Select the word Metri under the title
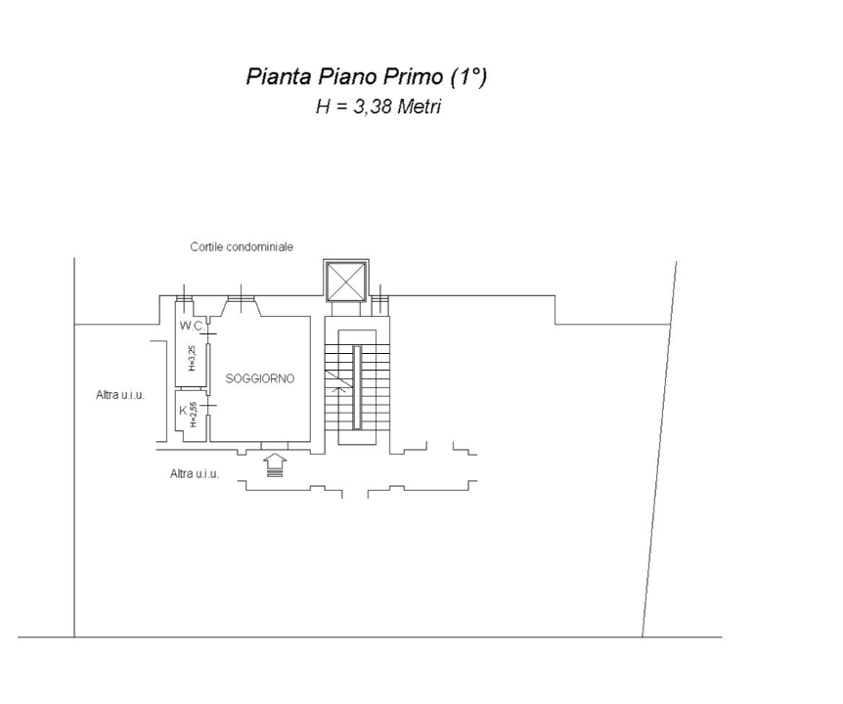click(421, 107)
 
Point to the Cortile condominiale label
click(242, 247)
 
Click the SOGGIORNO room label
click(260, 378)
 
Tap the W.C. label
click(191, 326)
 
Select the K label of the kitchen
click(183, 411)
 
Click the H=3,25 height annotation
click(193, 358)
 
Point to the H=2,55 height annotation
click(194, 416)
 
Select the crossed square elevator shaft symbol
click(346, 282)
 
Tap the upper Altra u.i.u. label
click(120, 395)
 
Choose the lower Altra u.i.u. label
click(194, 473)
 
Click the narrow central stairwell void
click(357, 386)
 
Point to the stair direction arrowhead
click(337, 388)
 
